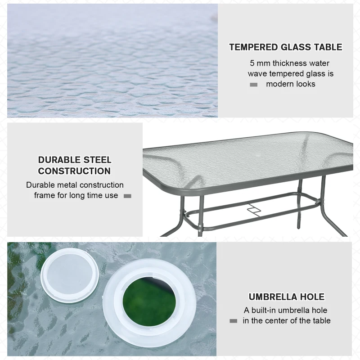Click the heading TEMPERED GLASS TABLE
[285, 47]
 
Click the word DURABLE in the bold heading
[57, 160]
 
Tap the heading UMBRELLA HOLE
[286, 297]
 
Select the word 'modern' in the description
[279, 84]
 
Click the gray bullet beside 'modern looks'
[254, 85]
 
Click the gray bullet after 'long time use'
[127, 196]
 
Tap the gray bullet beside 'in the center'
[233, 321]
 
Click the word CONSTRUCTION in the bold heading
[74, 171]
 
